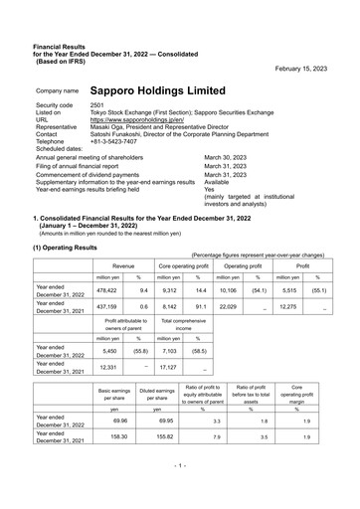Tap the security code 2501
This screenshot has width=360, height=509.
[x=97, y=104]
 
